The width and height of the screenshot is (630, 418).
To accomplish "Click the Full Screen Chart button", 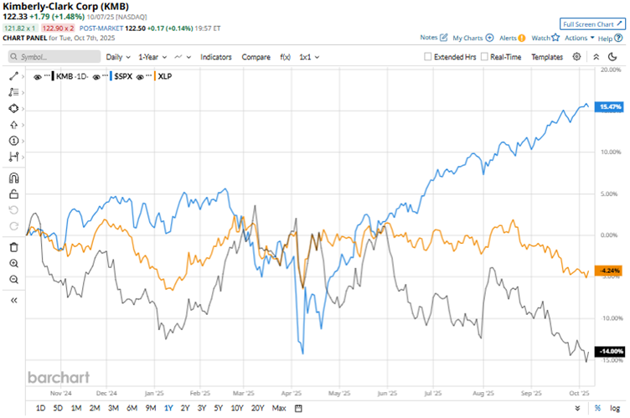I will tap(591, 24).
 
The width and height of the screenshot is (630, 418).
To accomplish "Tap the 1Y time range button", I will tap(168, 408).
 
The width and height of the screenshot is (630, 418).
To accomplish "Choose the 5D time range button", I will tap(58, 408).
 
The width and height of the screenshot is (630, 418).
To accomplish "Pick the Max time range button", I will tap(279, 408).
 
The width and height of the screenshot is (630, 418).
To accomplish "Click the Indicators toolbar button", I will tap(216, 57).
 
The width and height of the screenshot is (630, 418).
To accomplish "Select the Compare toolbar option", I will tap(256, 57).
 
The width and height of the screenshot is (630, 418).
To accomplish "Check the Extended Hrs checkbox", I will tap(428, 57).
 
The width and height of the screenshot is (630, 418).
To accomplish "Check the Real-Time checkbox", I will tap(485, 57).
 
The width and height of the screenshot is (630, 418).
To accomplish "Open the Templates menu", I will tap(547, 57).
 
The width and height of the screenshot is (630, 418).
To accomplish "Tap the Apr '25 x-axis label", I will tap(291, 391).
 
